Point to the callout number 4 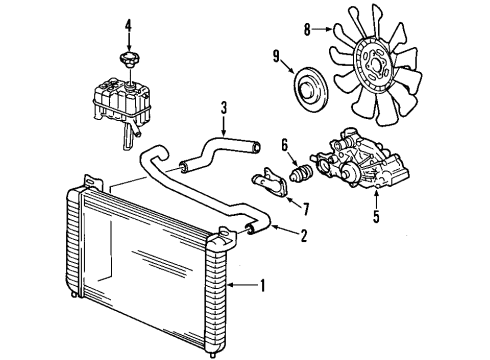point(127,23)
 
